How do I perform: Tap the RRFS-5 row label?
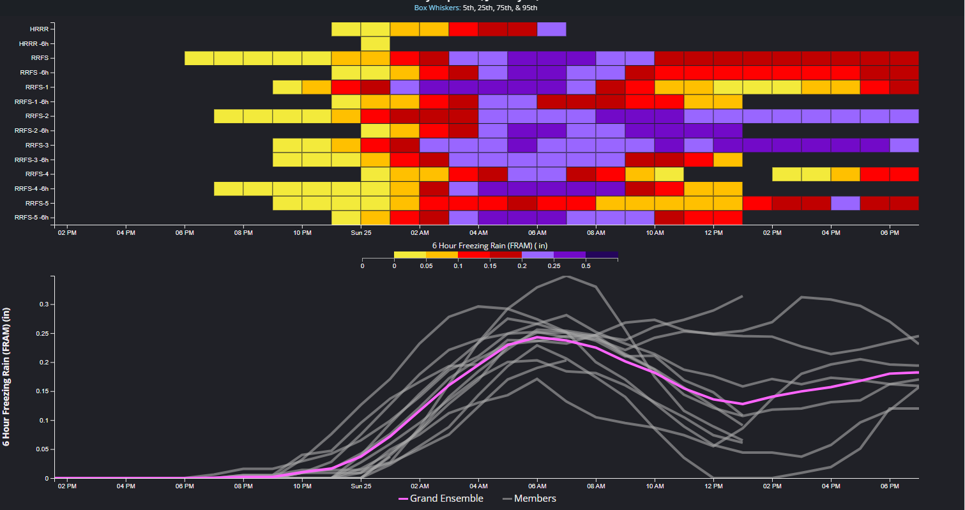(39, 203)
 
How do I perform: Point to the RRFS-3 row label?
(39, 145)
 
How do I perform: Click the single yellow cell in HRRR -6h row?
(376, 43)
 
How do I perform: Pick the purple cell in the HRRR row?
(552, 29)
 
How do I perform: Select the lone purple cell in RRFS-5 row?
(845, 203)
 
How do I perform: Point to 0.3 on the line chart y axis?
(44, 304)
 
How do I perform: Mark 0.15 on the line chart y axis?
(42, 391)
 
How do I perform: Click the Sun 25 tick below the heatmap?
(361, 232)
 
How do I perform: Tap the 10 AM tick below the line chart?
(655, 486)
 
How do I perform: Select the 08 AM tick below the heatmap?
(596, 232)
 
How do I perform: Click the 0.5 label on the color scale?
(586, 266)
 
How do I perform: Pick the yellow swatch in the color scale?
(410, 255)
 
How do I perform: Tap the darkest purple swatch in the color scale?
(602, 255)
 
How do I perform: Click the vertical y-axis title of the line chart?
(7, 377)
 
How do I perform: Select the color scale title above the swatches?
(489, 245)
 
